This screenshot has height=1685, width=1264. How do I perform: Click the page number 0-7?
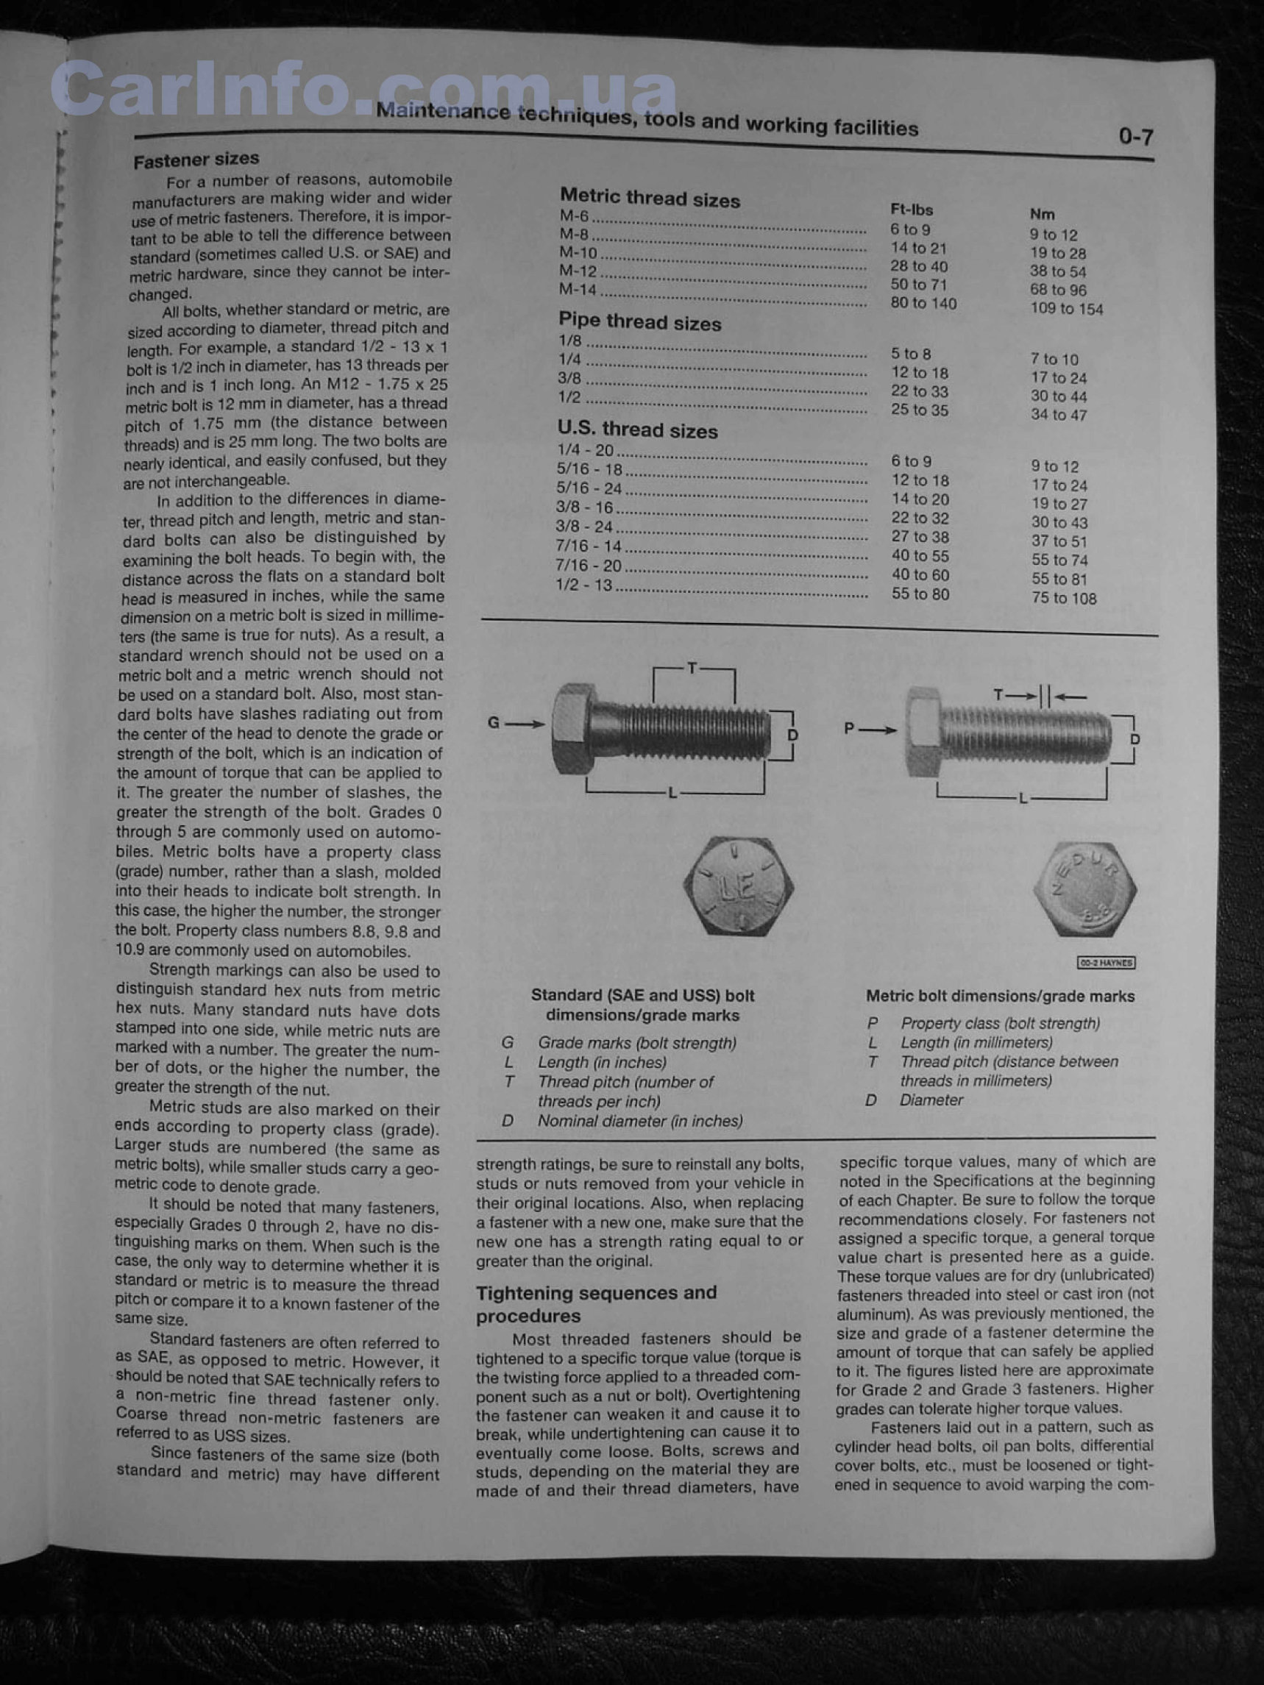click(1135, 137)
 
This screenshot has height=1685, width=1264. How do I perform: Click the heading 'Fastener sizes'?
click(196, 160)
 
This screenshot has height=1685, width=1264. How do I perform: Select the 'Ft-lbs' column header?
click(912, 210)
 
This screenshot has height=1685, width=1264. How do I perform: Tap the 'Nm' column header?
click(1042, 215)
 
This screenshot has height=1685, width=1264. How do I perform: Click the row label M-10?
click(578, 252)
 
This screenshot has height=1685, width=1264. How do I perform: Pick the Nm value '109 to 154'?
click(1066, 308)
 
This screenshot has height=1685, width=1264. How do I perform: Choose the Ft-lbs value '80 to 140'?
click(923, 303)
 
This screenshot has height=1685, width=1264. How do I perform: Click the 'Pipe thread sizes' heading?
click(639, 321)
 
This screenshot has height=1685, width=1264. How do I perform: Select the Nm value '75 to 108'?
click(1064, 598)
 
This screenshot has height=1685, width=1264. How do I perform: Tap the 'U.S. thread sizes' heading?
click(637, 430)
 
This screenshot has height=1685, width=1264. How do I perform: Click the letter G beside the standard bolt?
click(494, 722)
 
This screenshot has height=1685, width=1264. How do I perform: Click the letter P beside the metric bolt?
click(850, 728)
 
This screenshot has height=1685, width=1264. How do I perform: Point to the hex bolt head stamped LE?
click(738, 887)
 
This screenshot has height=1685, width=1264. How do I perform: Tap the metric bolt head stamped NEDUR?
click(1085, 889)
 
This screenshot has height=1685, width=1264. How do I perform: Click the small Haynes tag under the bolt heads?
click(1107, 963)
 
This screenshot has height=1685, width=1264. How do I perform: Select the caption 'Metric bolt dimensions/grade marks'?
click(1000, 997)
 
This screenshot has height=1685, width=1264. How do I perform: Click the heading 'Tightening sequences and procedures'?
click(596, 1304)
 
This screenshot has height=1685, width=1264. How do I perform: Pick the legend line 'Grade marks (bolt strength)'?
click(637, 1043)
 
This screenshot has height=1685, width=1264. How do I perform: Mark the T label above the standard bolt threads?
click(692, 668)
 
